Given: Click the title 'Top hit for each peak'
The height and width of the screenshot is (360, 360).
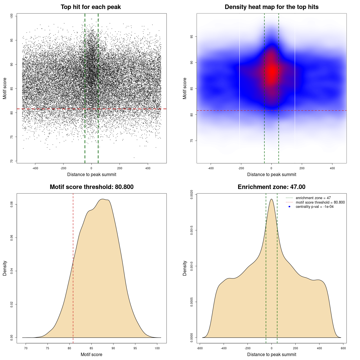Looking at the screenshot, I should (91, 7).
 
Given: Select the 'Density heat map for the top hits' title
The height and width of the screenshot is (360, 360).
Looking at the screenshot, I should (271, 7).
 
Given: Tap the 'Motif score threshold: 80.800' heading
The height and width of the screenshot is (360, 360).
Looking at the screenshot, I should (91, 187).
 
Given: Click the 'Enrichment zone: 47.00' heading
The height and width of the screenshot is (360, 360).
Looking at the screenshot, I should (271, 187).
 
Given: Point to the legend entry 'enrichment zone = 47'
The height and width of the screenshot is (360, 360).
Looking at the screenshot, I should (313, 198).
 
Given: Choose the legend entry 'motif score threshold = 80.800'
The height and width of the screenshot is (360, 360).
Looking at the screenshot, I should (320, 202).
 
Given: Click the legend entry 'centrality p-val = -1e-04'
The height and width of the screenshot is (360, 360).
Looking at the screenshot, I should (314, 207).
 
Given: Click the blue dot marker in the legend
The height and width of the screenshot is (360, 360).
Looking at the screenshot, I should (289, 207).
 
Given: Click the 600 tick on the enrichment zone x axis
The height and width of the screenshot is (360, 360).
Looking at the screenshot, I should (343, 348).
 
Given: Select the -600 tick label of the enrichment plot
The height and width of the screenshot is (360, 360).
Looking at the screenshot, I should (199, 348).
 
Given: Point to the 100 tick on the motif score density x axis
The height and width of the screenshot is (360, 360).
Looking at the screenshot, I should (157, 348).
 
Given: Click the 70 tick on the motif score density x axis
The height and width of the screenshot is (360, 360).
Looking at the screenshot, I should (26, 348).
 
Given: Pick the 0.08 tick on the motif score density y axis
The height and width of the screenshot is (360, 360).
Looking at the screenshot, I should (12, 204).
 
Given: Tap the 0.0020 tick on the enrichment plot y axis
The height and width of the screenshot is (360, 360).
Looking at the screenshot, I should (192, 194).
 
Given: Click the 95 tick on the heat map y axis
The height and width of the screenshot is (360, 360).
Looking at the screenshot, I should (192, 37).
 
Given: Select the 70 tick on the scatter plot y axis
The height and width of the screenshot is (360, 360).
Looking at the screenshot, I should (12, 161).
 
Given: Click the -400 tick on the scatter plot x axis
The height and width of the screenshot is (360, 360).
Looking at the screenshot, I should (35, 168).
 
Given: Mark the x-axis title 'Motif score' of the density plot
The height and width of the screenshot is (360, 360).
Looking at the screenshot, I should (91, 354).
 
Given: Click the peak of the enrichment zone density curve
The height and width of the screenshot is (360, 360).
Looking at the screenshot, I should (271, 199).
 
